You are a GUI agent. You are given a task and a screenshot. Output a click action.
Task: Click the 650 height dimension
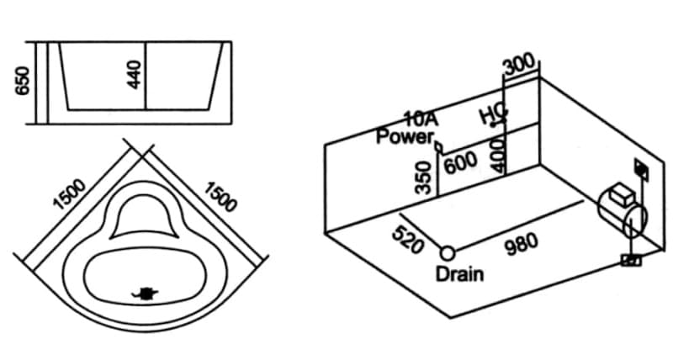pyautogui.click(x=22, y=82)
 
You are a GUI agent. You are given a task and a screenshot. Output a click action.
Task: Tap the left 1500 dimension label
pyautogui.click(x=69, y=193)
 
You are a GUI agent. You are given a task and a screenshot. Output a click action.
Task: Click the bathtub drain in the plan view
pyautogui.click(x=147, y=293)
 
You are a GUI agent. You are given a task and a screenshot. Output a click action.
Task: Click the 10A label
pyautogui.click(x=418, y=121)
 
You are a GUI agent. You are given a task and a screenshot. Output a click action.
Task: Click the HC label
pyautogui.click(x=490, y=115)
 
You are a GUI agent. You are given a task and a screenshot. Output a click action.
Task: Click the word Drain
pyautogui.click(x=458, y=273)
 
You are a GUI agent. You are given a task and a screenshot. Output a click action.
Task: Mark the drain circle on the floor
pyautogui.click(x=447, y=251)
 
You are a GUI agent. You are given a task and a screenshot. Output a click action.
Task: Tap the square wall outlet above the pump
pyautogui.click(x=642, y=168)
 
